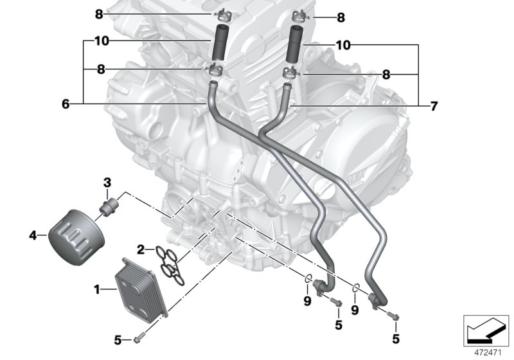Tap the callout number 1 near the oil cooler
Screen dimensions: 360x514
click(x=97, y=290)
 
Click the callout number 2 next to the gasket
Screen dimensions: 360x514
click(x=139, y=249)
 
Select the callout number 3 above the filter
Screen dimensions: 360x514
click(x=108, y=182)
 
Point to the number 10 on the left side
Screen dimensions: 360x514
click(x=101, y=41)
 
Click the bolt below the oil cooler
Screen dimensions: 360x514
click(x=141, y=339)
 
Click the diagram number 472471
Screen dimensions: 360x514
click(x=487, y=353)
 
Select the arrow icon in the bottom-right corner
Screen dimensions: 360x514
click(x=486, y=330)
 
